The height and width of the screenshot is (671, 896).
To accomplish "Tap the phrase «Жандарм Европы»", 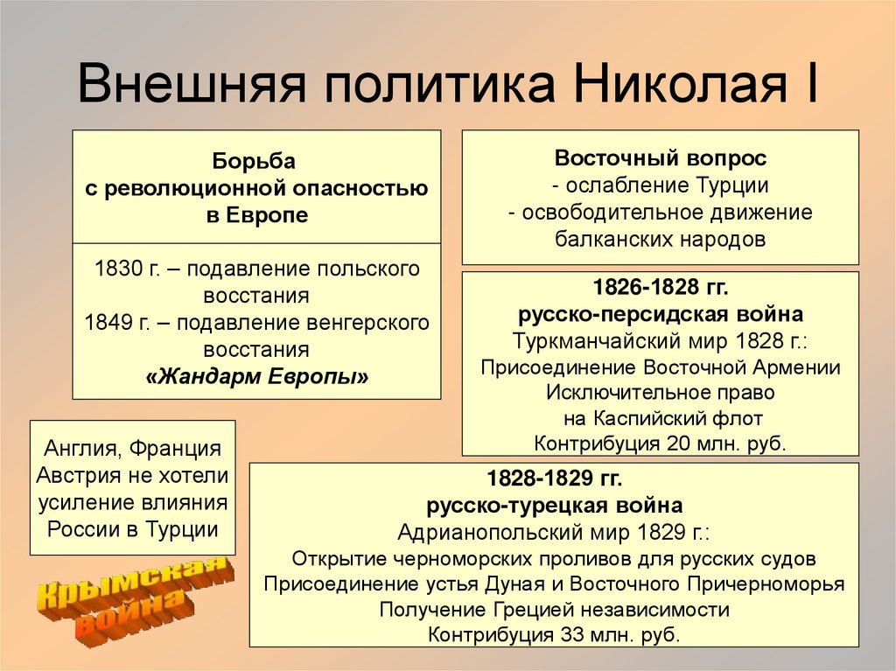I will click(x=256, y=378).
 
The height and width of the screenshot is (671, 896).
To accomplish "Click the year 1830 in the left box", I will click(x=113, y=269).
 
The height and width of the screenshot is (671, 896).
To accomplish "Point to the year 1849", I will click(x=105, y=323).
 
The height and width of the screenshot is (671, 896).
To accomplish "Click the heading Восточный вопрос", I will click(x=660, y=158).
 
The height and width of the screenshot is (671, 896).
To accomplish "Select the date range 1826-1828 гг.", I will click(x=660, y=288).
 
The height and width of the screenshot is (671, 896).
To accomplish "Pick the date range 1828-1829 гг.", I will click(x=554, y=479).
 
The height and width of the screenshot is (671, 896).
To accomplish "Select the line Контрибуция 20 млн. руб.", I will click(x=660, y=443).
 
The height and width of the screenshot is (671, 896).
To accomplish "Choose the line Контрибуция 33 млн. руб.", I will click(x=554, y=635).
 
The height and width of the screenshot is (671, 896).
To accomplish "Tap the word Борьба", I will click(x=255, y=161).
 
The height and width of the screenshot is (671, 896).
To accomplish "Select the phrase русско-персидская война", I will click(x=660, y=314).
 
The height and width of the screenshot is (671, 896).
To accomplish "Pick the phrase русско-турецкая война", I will click(x=554, y=506).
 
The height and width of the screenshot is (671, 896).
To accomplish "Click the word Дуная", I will click(x=528, y=584).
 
